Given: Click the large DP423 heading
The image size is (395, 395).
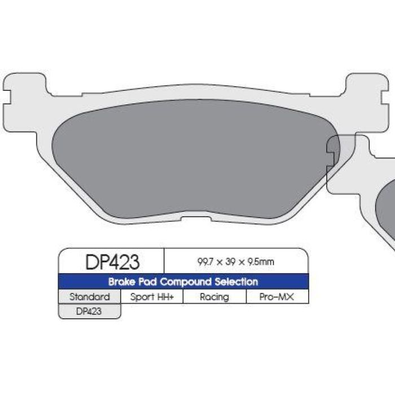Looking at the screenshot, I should (112, 261).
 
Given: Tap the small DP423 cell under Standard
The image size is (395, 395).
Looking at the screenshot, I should (89, 311).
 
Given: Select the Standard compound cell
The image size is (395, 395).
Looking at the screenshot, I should (89, 297).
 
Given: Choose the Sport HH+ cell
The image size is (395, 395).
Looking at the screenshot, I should (152, 297).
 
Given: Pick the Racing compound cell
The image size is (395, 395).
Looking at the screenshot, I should (214, 297).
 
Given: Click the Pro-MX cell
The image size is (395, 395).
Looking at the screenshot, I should (278, 297).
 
